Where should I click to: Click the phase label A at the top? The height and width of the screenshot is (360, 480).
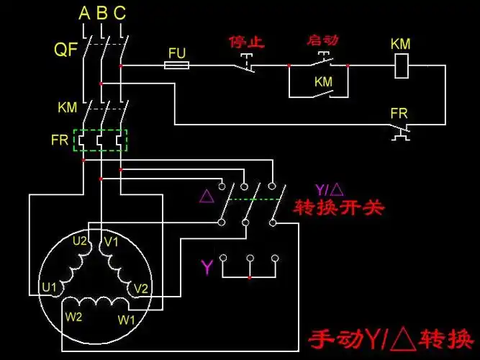point(84,13)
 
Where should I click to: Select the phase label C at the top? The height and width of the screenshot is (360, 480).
point(119,13)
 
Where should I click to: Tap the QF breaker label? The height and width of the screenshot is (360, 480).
point(65,50)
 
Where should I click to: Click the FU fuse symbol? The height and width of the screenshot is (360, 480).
point(177,66)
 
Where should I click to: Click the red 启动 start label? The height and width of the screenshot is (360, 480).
point(322,40)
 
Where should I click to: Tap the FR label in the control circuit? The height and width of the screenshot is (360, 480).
point(399,114)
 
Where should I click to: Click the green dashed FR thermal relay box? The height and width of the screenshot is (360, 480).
point(101,140)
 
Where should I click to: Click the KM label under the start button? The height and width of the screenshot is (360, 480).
point(323,82)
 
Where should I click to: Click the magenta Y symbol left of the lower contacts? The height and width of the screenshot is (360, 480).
point(207,269)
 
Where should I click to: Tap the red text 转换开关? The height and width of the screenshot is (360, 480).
point(339,208)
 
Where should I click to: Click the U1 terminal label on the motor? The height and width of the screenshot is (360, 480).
point(49,287)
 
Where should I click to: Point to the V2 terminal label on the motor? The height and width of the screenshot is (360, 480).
point(141,288)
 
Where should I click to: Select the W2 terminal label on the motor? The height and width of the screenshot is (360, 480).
point(75,317)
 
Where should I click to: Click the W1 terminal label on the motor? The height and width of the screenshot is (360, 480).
point(127,318)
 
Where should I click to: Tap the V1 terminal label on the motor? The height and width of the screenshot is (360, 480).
point(111,242)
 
